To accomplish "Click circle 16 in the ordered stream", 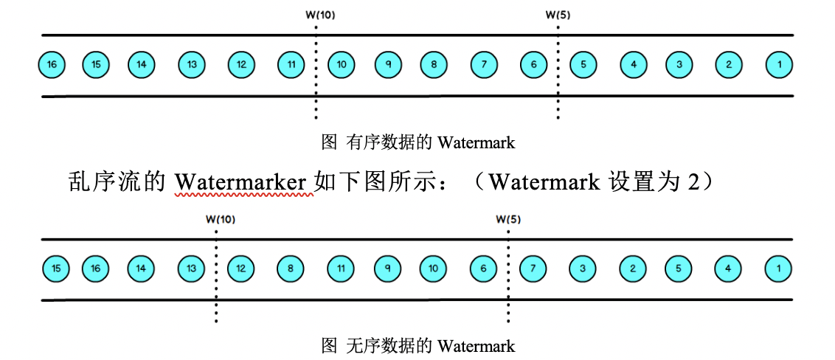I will tap(52, 65).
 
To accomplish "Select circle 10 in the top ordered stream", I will tap(342, 65).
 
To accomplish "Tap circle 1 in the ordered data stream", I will tap(779, 65).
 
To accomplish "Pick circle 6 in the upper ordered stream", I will tap(533, 65).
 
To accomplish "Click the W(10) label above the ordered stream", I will tap(319, 14).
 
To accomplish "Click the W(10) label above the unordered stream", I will tap(220, 218).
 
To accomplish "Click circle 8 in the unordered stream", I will tap(291, 269).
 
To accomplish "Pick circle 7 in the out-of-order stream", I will tap(533, 269).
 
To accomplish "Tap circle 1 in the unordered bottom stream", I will tap(779, 269).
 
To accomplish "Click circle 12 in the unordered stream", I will tap(241, 269).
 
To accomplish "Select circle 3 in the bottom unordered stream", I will tap(583, 269).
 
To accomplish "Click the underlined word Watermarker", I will tap(240, 181).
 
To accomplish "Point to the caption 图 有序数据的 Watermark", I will tap(418, 142).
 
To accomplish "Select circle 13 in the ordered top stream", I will tap(192, 65).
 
